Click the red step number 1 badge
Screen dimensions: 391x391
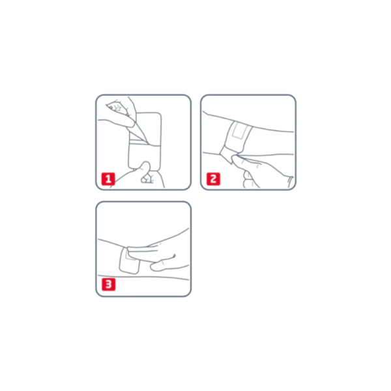point(108,179)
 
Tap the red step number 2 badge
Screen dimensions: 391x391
point(214,179)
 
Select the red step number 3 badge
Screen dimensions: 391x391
point(108,284)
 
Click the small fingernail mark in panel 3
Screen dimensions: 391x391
point(174,256)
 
